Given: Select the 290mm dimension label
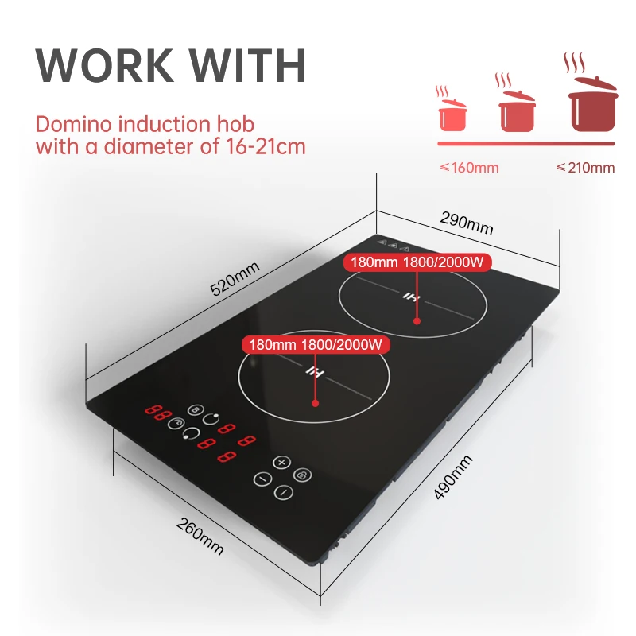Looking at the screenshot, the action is click(467, 225).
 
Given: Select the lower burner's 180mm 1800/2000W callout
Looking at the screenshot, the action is click(316, 344).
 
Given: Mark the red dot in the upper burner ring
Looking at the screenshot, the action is click(416, 320).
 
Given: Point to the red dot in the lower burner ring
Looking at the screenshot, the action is click(316, 402).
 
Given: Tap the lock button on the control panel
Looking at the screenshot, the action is click(302, 475).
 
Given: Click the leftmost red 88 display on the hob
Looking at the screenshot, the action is click(157, 413).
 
